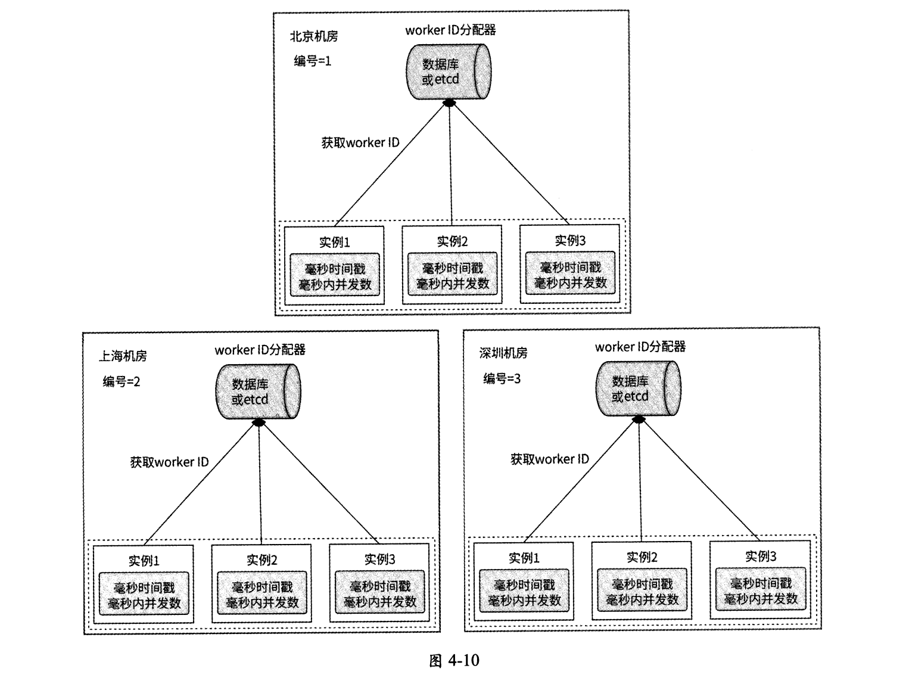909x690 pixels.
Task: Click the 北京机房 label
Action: tap(313, 36)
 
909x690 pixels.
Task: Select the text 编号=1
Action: tap(312, 61)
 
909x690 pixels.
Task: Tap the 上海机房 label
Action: tap(123, 356)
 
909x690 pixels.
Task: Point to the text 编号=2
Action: tap(121, 381)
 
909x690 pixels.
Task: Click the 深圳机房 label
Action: tap(503, 353)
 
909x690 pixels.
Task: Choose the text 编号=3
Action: tap(502, 378)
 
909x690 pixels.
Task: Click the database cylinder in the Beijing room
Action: tap(448, 72)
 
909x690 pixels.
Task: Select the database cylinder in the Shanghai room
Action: tap(257, 391)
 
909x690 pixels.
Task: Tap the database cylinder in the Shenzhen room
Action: tap(638, 388)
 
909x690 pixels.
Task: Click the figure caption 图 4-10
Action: tap(454, 660)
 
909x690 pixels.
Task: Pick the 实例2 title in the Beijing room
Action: tap(452, 241)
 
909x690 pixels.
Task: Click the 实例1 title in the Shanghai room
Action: tap(144, 561)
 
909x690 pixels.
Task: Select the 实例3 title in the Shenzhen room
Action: tap(761, 557)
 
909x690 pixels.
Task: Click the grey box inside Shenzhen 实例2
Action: tap(642, 592)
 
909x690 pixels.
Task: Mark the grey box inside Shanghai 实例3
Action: tap(380, 594)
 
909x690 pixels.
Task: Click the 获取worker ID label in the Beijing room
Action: tap(360, 143)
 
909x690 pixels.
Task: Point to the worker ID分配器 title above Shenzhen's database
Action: tap(640, 347)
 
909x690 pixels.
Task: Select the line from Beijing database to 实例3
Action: tap(509, 164)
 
